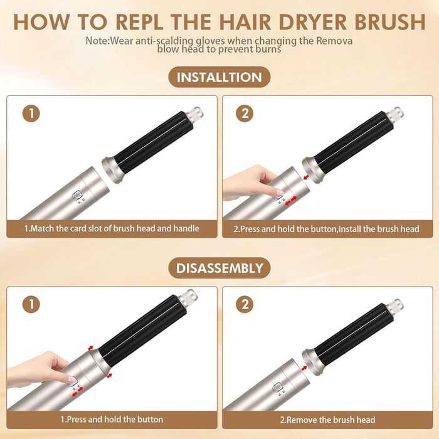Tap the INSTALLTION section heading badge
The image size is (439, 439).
coord(219,78)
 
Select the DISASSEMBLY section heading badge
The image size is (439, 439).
coord(219,268)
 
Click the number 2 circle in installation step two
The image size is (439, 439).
coord(246,114)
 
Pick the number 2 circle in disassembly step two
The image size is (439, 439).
coord(246,305)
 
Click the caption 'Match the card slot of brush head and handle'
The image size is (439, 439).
coord(112,228)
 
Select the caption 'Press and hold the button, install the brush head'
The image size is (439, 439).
coord(326,228)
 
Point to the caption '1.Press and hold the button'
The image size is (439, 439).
coord(112,419)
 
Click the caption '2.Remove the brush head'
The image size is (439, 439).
coord(326,419)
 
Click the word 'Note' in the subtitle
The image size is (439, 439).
coord(97,40)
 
